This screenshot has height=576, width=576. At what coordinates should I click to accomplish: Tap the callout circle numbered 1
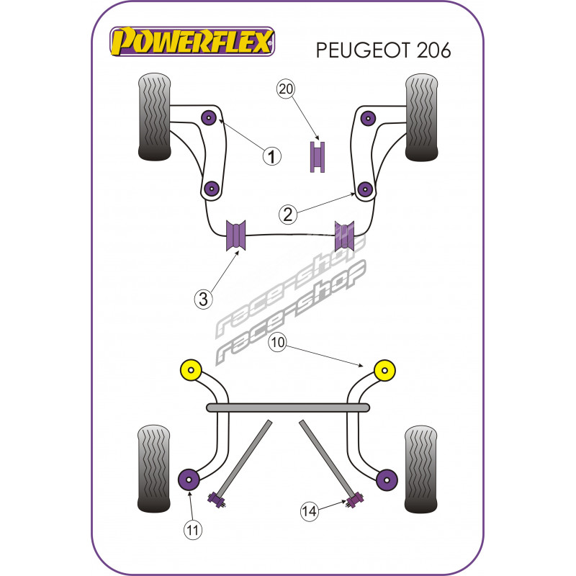(271, 155)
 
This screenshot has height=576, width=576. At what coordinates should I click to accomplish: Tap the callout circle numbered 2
(287, 214)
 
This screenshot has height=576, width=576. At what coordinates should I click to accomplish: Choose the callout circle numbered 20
(286, 89)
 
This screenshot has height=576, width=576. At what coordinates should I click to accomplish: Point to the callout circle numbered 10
(278, 343)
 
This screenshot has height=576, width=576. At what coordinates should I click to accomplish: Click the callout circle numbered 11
(192, 530)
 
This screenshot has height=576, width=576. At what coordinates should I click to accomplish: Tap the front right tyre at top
(422, 117)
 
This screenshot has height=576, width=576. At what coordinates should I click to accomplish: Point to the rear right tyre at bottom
(422, 468)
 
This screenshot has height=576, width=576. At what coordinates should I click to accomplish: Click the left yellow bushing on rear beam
(191, 371)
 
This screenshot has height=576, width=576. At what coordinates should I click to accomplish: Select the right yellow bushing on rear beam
(386, 371)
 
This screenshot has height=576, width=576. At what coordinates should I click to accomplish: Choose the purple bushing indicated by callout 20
(318, 158)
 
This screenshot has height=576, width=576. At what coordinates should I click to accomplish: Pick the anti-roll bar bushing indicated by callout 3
(236, 235)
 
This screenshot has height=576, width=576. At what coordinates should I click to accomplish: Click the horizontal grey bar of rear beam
(289, 408)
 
